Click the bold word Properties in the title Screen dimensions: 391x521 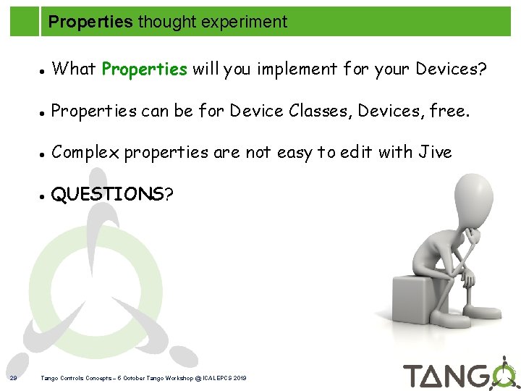click(90, 22)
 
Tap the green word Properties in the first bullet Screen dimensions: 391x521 click(145, 70)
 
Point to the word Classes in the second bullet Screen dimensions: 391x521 click(321, 112)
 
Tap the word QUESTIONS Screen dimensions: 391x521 click(108, 194)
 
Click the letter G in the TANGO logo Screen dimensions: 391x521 click(477, 377)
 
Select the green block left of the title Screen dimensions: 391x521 click(24, 18)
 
